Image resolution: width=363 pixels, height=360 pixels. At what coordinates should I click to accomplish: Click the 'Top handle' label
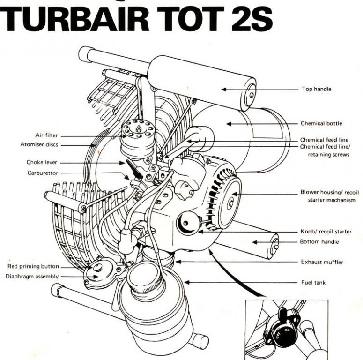click(x=316, y=89)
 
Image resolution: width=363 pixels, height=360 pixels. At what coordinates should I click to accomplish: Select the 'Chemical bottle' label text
click(x=321, y=124)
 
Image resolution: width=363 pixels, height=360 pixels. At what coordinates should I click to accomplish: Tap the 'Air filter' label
click(x=46, y=135)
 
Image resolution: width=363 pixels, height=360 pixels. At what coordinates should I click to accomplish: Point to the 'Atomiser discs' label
click(x=39, y=145)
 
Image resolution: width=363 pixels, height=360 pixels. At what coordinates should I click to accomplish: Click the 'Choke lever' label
click(x=42, y=163)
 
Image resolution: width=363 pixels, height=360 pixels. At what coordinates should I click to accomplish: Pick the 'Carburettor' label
click(x=43, y=173)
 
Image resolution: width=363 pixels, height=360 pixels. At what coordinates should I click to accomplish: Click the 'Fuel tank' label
click(x=313, y=283)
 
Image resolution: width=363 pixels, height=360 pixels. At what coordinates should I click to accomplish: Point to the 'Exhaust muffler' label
click(x=322, y=262)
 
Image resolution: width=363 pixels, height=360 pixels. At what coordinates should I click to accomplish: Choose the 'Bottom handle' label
click(x=319, y=242)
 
